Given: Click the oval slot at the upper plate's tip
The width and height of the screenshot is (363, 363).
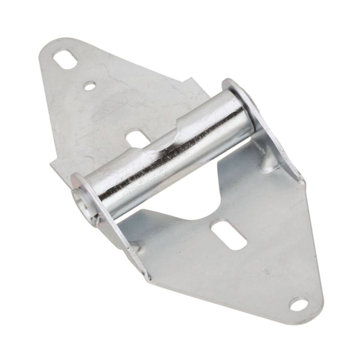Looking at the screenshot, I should click(x=63, y=59).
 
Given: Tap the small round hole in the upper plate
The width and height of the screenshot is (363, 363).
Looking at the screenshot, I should click(x=90, y=87).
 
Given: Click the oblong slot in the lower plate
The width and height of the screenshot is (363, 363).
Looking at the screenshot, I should click(x=229, y=235).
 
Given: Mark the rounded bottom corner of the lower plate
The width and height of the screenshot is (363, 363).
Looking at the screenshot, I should click(x=309, y=315).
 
